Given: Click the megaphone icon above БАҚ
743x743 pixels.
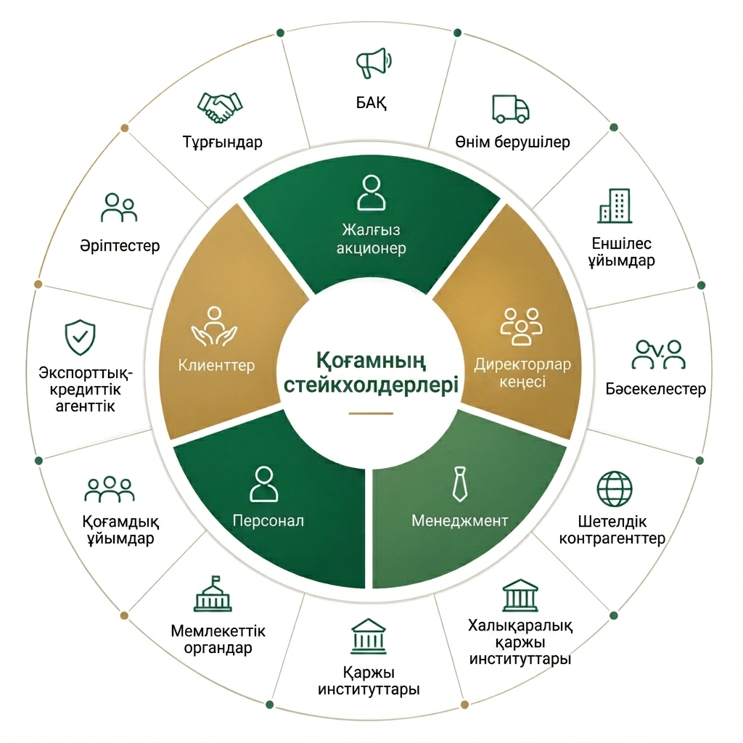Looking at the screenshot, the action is [x=374, y=62].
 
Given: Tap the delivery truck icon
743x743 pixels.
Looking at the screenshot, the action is [x=510, y=109].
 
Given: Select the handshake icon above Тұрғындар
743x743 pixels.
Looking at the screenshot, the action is [x=220, y=107].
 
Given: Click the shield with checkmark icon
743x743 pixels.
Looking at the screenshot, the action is [x=80, y=337].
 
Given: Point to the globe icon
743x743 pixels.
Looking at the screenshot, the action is [x=615, y=489].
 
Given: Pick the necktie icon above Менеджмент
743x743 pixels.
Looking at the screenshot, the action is [x=459, y=484].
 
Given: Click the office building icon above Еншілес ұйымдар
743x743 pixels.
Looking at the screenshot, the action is [x=615, y=205].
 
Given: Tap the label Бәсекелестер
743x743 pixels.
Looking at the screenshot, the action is [x=656, y=389].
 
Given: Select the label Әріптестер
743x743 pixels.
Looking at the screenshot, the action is [x=120, y=246].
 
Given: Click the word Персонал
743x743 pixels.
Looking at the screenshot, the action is [x=268, y=521].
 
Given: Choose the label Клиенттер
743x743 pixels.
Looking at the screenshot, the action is [x=216, y=366].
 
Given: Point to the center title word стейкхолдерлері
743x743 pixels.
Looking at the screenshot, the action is [x=371, y=385].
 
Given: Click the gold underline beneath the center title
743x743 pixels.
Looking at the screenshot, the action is [x=371, y=414].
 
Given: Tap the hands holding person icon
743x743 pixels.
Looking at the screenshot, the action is [x=214, y=327].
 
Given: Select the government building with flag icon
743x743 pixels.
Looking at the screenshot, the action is [x=213, y=594].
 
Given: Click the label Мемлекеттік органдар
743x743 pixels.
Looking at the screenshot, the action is [x=218, y=639].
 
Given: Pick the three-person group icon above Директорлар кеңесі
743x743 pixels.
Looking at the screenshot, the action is [x=521, y=327].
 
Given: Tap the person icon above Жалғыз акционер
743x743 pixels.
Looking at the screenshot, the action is [x=371, y=193].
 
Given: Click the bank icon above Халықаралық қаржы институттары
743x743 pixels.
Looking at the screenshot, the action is [x=520, y=596].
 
